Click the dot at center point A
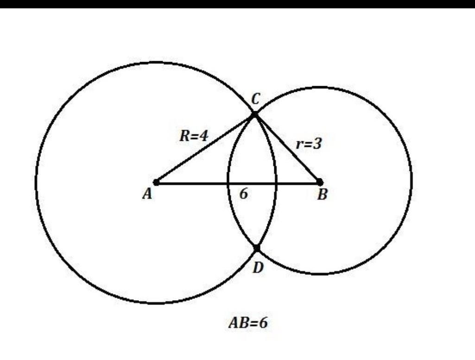157,182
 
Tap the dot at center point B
319,182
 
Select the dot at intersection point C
254,114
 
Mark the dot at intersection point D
257,249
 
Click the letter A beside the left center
147,195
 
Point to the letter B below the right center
322,195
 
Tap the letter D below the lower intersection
259,267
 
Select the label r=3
309,144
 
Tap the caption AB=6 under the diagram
248,323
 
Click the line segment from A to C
205,148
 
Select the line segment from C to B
287,148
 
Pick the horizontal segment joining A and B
195,183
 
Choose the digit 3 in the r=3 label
317,144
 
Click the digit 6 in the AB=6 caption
263,323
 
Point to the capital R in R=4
183,136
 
